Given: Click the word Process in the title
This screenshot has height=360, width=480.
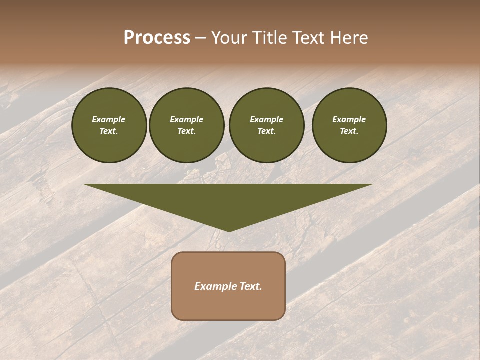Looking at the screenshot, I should click(157, 38).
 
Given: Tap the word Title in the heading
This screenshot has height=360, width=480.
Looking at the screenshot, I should click(267, 38).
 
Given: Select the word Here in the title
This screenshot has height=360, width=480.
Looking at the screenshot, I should click(348, 38).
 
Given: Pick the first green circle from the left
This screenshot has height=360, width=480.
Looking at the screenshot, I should click(109, 125).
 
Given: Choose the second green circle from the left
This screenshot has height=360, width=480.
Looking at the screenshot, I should click(186, 125).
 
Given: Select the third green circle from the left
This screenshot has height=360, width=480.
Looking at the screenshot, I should click(266, 125).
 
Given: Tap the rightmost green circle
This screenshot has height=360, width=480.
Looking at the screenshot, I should click(349, 125).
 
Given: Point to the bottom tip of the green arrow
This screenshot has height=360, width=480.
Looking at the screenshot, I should click(229, 230).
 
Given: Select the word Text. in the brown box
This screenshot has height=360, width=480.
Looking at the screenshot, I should click(251, 286).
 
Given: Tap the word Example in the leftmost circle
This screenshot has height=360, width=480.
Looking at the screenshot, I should click(109, 119).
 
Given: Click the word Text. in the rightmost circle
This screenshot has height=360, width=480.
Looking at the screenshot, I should click(349, 131).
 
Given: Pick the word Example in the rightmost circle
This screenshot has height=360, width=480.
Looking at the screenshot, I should click(349, 119).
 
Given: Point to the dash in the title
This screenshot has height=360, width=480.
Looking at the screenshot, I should click(200, 38).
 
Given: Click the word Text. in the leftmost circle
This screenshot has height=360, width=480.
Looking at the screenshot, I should click(109, 131).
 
